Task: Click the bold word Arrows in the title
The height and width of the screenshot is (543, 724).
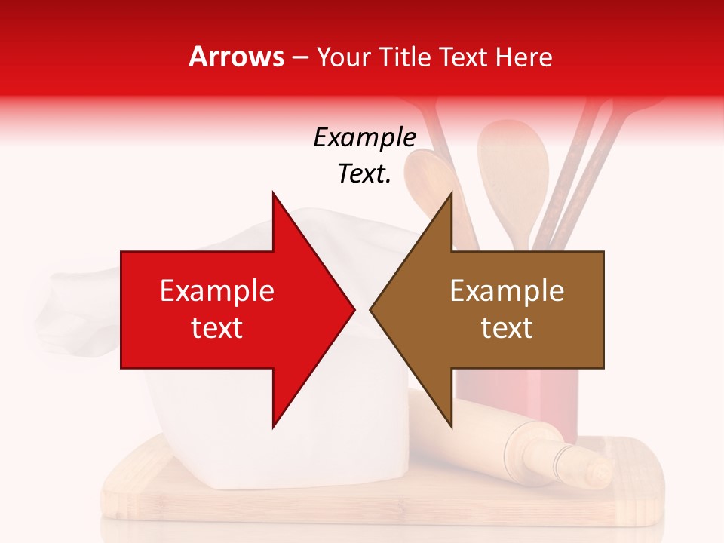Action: tap(237, 57)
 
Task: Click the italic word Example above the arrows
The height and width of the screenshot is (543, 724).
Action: tap(364, 137)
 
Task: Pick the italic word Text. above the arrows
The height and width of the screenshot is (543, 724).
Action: tap(364, 174)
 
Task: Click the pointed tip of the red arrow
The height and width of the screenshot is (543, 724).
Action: tap(353, 309)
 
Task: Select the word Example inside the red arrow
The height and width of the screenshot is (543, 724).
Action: tap(217, 291)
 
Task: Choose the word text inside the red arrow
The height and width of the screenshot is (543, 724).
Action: tap(217, 328)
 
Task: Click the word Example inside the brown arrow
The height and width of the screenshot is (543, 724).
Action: tap(507, 291)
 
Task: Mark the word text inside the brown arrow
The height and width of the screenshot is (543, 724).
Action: tap(507, 328)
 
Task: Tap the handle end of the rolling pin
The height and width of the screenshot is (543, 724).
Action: tap(600, 471)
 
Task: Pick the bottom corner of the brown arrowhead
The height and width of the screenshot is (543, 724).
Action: tap(451, 427)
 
